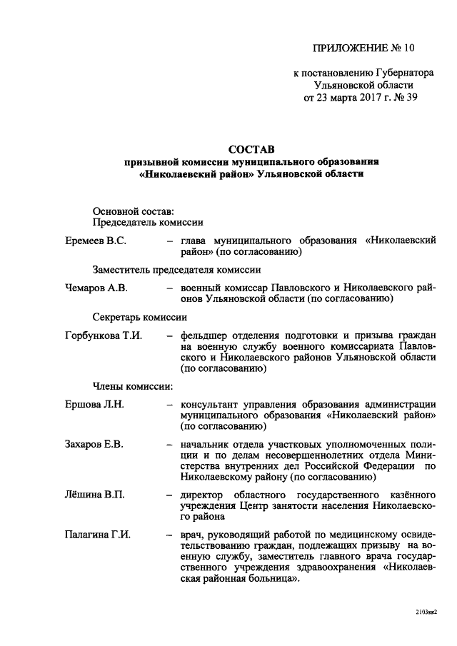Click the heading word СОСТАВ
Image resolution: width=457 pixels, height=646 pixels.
[x=251, y=149]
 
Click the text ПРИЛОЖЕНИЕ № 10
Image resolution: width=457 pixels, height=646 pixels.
[x=363, y=48]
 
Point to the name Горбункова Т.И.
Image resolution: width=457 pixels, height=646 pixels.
[x=103, y=335]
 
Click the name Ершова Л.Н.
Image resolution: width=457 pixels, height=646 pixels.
[x=94, y=404]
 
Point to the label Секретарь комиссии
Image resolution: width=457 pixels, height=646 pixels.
[x=139, y=317]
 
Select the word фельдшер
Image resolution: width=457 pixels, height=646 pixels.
[x=204, y=335]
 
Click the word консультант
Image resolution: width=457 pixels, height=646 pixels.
[x=211, y=404]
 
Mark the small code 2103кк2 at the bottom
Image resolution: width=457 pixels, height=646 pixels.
[x=425, y=611]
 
